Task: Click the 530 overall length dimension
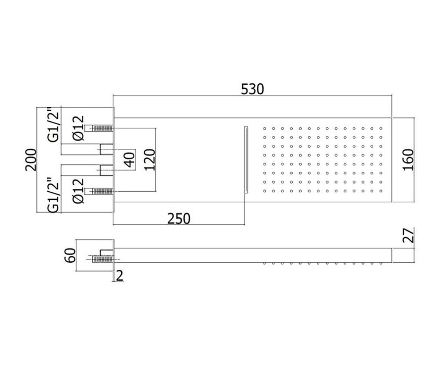[x=252, y=89]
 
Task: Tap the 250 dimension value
[x=179, y=219]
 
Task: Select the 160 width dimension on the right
[x=408, y=160]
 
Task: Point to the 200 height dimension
[x=31, y=160]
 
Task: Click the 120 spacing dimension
[x=150, y=160]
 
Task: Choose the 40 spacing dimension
[x=129, y=160]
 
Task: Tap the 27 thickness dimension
[x=408, y=235]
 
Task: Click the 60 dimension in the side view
[x=70, y=255]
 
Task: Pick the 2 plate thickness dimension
[x=120, y=276]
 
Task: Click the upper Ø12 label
[x=78, y=128]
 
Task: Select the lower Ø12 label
[x=78, y=191]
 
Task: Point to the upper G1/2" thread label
[x=53, y=124]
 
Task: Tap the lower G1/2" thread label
[x=53, y=195]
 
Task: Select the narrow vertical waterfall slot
[x=246, y=160]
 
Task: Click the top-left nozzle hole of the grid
[x=265, y=128]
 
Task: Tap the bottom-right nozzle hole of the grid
[x=381, y=191]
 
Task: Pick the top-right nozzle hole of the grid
[x=381, y=128]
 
